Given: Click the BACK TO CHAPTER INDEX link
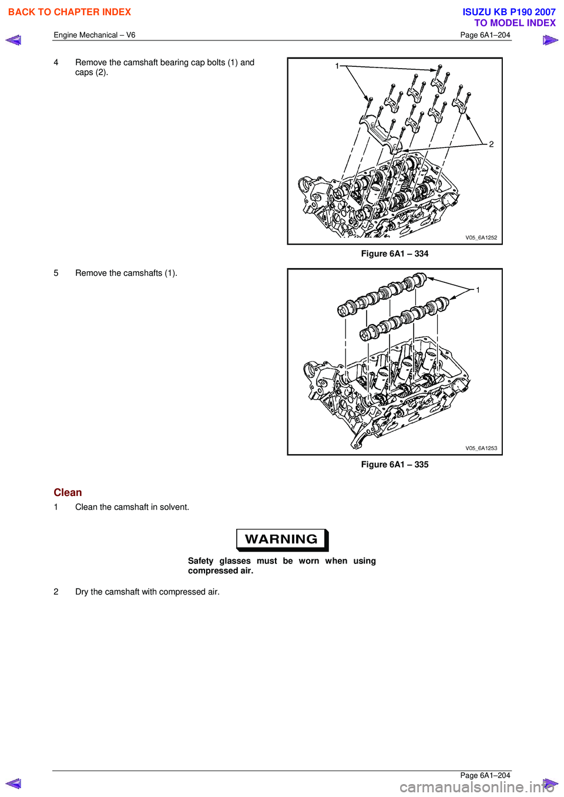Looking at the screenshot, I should (69, 12).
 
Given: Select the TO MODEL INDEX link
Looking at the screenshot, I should (515, 23).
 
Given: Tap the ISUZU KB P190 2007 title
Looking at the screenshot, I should (509, 12).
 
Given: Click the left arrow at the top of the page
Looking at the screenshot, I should (14, 40).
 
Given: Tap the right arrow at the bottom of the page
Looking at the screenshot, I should (550, 783).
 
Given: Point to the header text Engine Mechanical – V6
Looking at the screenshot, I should (95, 35).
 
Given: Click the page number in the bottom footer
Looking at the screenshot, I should (485, 775).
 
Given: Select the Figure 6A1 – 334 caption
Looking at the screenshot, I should (394, 254).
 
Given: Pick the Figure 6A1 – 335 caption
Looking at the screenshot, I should (394, 464).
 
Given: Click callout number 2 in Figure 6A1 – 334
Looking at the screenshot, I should (491, 144).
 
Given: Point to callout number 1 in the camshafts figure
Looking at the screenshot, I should (478, 290).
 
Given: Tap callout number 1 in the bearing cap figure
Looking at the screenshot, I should (337, 66).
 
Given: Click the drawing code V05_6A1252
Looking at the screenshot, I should (481, 238).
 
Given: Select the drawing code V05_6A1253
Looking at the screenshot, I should (481, 448).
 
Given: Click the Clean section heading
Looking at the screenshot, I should (68, 492).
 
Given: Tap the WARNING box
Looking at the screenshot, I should (282, 539).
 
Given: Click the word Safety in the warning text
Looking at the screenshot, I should (200, 561).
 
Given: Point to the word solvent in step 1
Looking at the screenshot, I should (173, 507).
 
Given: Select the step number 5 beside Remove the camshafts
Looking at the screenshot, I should (56, 273).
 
